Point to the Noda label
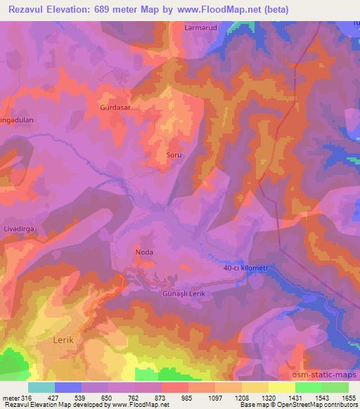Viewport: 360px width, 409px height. [x=143, y=251]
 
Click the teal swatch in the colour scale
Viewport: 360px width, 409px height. [x=41, y=387]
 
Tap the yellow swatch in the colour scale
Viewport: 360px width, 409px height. [x=281, y=387]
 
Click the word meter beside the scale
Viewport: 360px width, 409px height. [x=11, y=398]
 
